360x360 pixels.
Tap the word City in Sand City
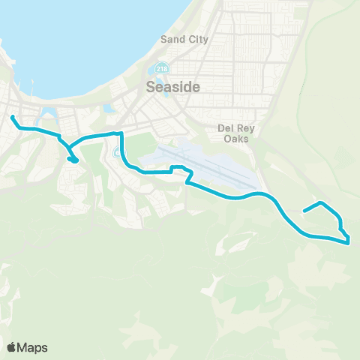198,39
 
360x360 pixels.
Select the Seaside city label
172,87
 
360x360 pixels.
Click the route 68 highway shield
117,153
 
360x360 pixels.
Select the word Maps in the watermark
34,347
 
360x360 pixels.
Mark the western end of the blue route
12,116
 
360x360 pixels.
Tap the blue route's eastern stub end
304,211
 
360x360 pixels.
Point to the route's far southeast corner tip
349,242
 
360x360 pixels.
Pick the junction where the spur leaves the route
62,142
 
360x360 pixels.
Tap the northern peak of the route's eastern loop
322,203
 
